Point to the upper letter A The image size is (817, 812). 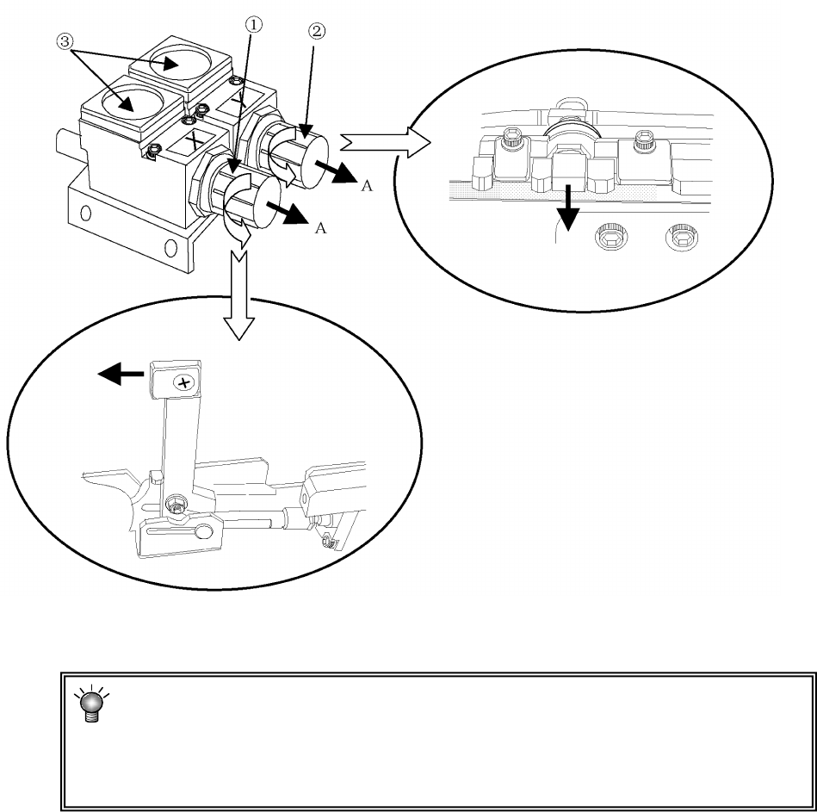(366, 188)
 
